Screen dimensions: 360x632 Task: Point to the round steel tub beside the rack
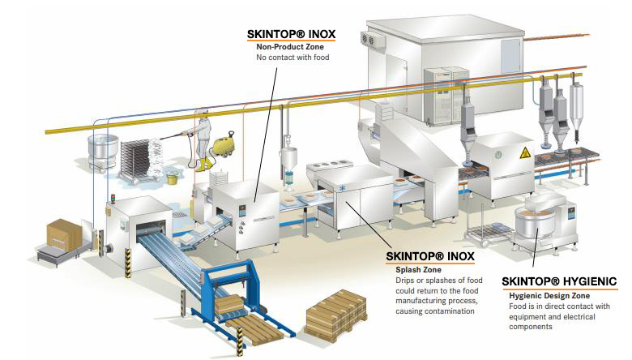[102, 153]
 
